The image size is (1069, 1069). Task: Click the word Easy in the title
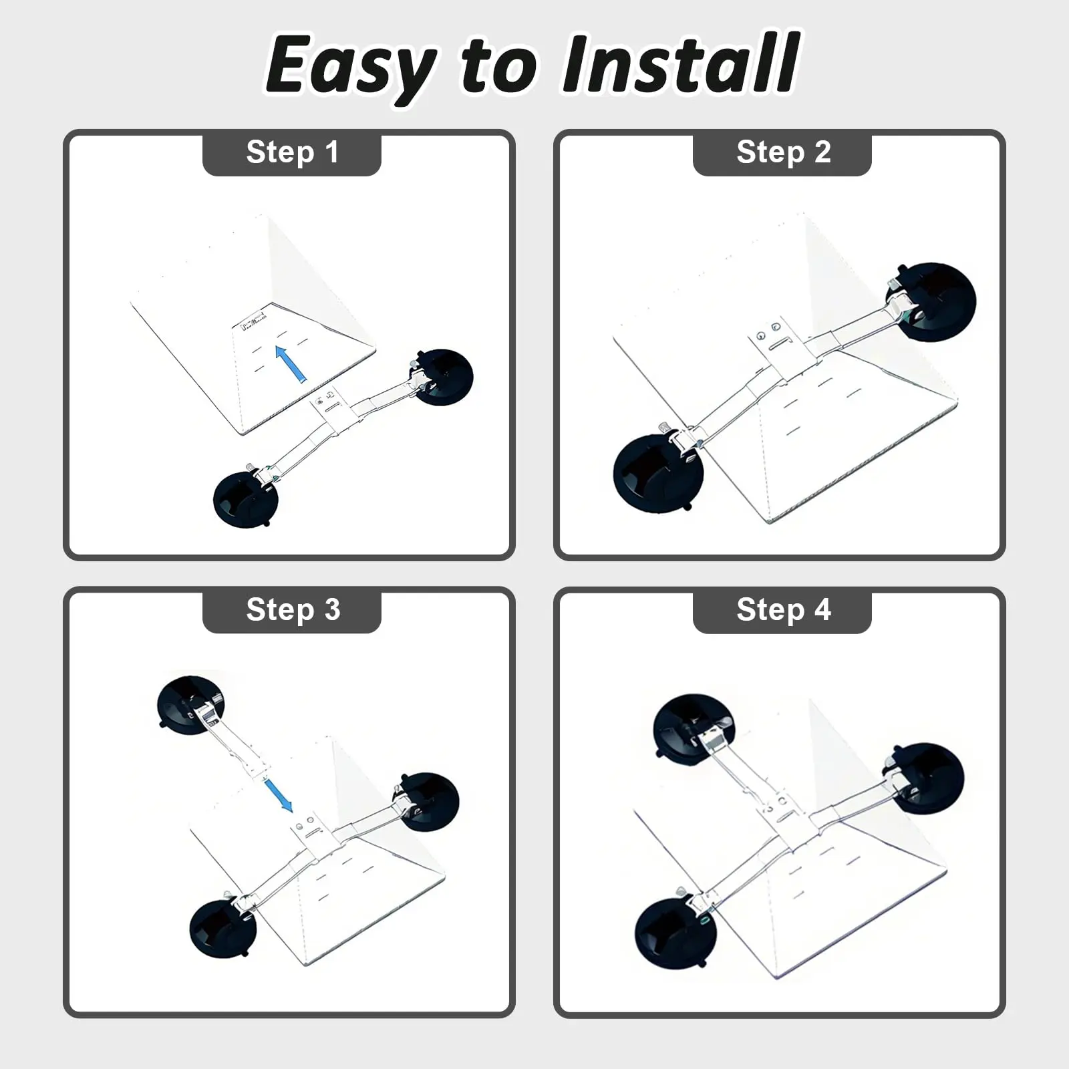(352, 67)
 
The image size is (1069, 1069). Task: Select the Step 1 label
(293, 152)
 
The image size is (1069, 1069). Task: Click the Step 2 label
(784, 152)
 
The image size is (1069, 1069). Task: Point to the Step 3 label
(293, 609)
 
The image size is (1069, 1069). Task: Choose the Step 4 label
(784, 609)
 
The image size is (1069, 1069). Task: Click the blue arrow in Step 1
(291, 363)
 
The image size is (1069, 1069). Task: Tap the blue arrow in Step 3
(279, 795)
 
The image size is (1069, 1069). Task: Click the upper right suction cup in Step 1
(442, 377)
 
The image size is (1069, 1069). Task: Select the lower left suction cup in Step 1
(245, 499)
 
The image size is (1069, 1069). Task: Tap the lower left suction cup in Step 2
(659, 473)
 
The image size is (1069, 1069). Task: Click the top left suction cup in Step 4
(694, 729)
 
